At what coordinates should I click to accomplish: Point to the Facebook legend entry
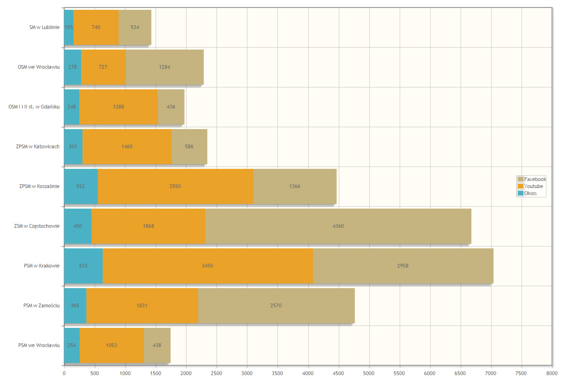point(532,179)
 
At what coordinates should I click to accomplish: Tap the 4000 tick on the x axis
point(308,374)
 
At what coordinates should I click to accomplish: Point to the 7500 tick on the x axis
point(522,374)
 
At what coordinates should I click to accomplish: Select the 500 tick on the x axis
point(95,374)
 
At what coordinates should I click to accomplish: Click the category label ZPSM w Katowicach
point(37,146)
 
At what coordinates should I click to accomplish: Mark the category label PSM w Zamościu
point(41,305)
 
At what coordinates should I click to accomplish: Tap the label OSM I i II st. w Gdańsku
point(34,107)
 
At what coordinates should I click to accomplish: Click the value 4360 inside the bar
point(338,226)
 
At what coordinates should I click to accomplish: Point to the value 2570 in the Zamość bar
point(276,306)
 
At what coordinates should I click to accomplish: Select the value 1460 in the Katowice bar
point(127,147)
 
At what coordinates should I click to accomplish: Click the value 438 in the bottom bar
point(157,346)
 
